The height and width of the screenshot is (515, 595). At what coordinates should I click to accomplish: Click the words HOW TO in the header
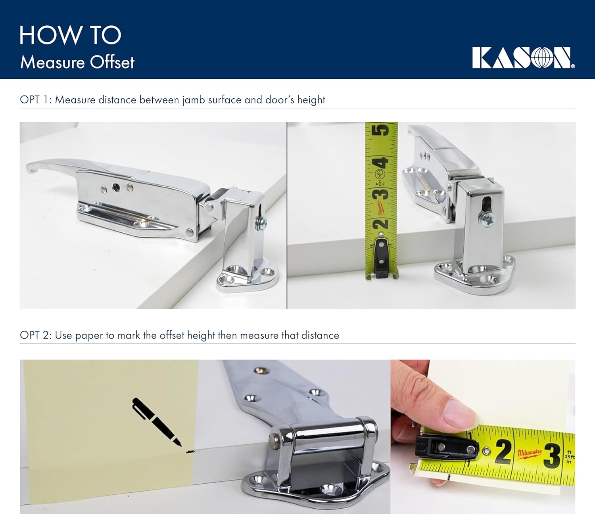coord(70,35)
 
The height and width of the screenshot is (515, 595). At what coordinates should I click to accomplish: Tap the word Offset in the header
coord(112,63)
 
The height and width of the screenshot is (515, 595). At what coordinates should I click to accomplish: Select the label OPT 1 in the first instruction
coord(35,100)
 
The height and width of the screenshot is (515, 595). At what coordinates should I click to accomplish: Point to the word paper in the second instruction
coord(89,336)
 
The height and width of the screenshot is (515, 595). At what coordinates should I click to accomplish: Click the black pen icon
coord(156,422)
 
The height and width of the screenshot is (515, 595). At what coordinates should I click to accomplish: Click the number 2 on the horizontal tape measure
coord(503,452)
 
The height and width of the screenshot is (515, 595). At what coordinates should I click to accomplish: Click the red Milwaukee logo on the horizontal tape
coord(529,453)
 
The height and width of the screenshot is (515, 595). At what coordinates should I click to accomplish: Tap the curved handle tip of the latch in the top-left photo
coord(32,168)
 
